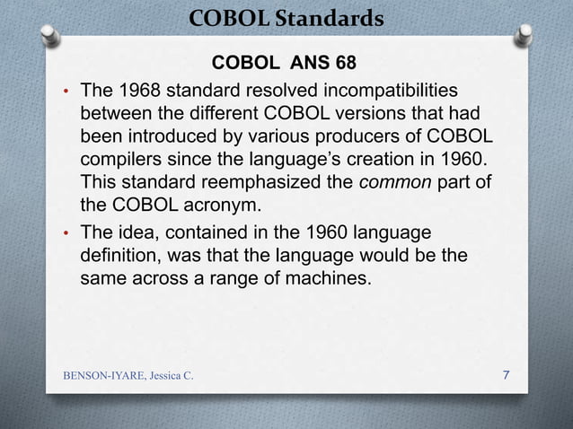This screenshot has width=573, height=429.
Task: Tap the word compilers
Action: coord(121,162)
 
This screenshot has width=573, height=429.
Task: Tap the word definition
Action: coord(119,256)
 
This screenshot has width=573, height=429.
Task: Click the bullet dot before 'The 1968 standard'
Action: coord(66,92)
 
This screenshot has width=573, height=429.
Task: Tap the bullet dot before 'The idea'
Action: coord(66,234)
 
